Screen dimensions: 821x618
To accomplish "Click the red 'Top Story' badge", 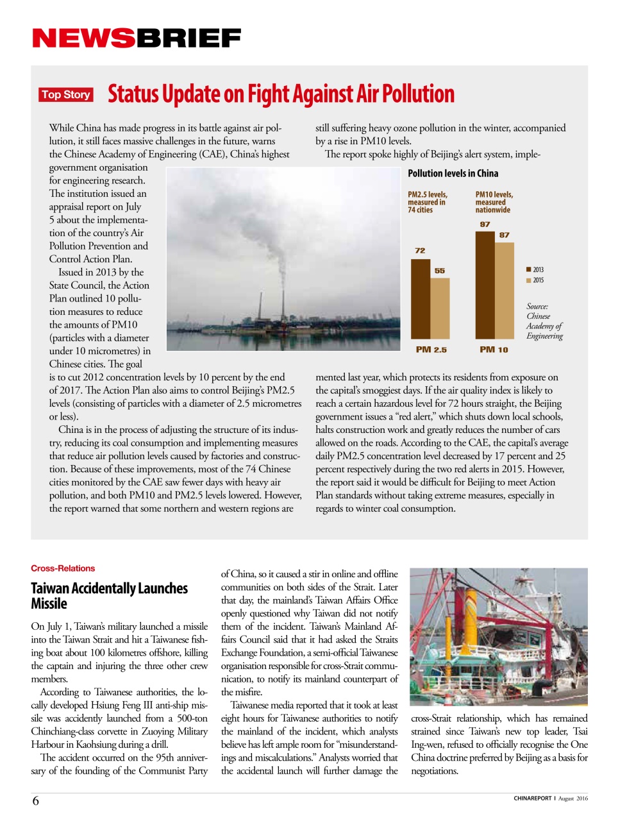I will point(66,95).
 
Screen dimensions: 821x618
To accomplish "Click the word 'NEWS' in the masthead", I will point(83,38).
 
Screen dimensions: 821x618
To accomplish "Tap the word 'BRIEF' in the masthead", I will point(188,38).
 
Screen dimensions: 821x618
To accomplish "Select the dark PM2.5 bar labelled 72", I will point(420,298).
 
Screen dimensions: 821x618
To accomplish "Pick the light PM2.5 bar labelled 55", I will point(440,308).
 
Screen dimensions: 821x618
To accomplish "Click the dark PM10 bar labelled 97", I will point(485,285).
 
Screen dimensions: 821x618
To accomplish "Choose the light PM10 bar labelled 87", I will point(505,291).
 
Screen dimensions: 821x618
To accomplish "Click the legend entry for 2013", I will point(535,270).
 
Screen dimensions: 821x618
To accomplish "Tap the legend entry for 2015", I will point(535,280).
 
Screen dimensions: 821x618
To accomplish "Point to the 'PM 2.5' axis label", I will point(431,350).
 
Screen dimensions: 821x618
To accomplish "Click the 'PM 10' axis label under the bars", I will point(494,350).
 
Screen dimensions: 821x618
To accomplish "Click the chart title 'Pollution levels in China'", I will point(453,173).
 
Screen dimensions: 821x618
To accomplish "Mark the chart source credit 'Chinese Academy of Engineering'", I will point(544,321).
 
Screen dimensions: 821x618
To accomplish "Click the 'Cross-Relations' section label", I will point(63,568).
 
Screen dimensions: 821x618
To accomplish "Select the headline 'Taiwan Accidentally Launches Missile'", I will point(109,596).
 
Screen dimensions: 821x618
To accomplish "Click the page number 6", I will point(36,800).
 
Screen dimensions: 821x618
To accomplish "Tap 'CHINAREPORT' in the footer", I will point(532,799).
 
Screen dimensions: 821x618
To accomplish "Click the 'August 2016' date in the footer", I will point(572,799).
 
